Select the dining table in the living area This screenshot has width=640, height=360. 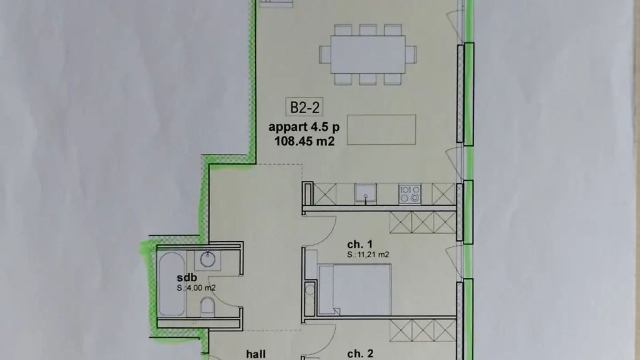coord(368,55)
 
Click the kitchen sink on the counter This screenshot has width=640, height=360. coord(365,194)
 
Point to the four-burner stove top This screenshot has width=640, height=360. coord(409,194)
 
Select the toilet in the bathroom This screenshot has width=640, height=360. coord(207,306)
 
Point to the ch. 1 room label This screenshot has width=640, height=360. coord(359,244)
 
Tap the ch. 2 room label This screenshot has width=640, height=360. coord(360,354)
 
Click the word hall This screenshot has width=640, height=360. coord(256,354)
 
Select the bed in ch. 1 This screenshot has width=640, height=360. coord(356,289)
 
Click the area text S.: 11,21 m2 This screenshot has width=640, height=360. coord(368,255)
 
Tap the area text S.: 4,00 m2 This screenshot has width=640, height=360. coord(196,288)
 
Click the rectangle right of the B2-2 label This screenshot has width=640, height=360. coord(382,129)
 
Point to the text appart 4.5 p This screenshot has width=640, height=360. coord(304,127)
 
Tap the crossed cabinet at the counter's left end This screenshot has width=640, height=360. coord(324,194)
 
